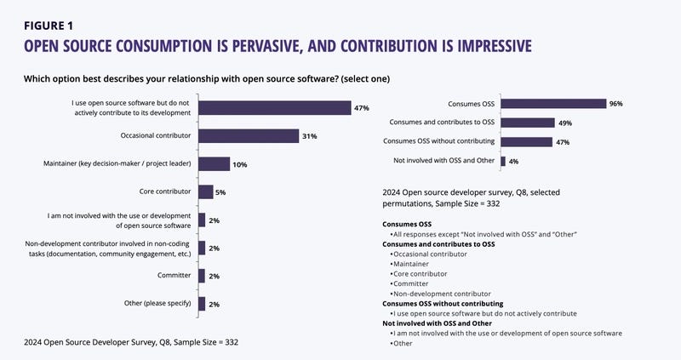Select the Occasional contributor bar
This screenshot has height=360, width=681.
248,136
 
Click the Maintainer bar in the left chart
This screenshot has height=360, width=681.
214,164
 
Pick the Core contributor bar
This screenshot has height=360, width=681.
205,192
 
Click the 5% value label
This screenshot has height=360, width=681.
220,192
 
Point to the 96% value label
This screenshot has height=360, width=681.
617,104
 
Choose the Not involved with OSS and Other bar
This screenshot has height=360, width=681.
503,161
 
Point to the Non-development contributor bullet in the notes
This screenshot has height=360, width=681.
442,292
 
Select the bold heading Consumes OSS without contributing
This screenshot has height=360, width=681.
443,302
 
